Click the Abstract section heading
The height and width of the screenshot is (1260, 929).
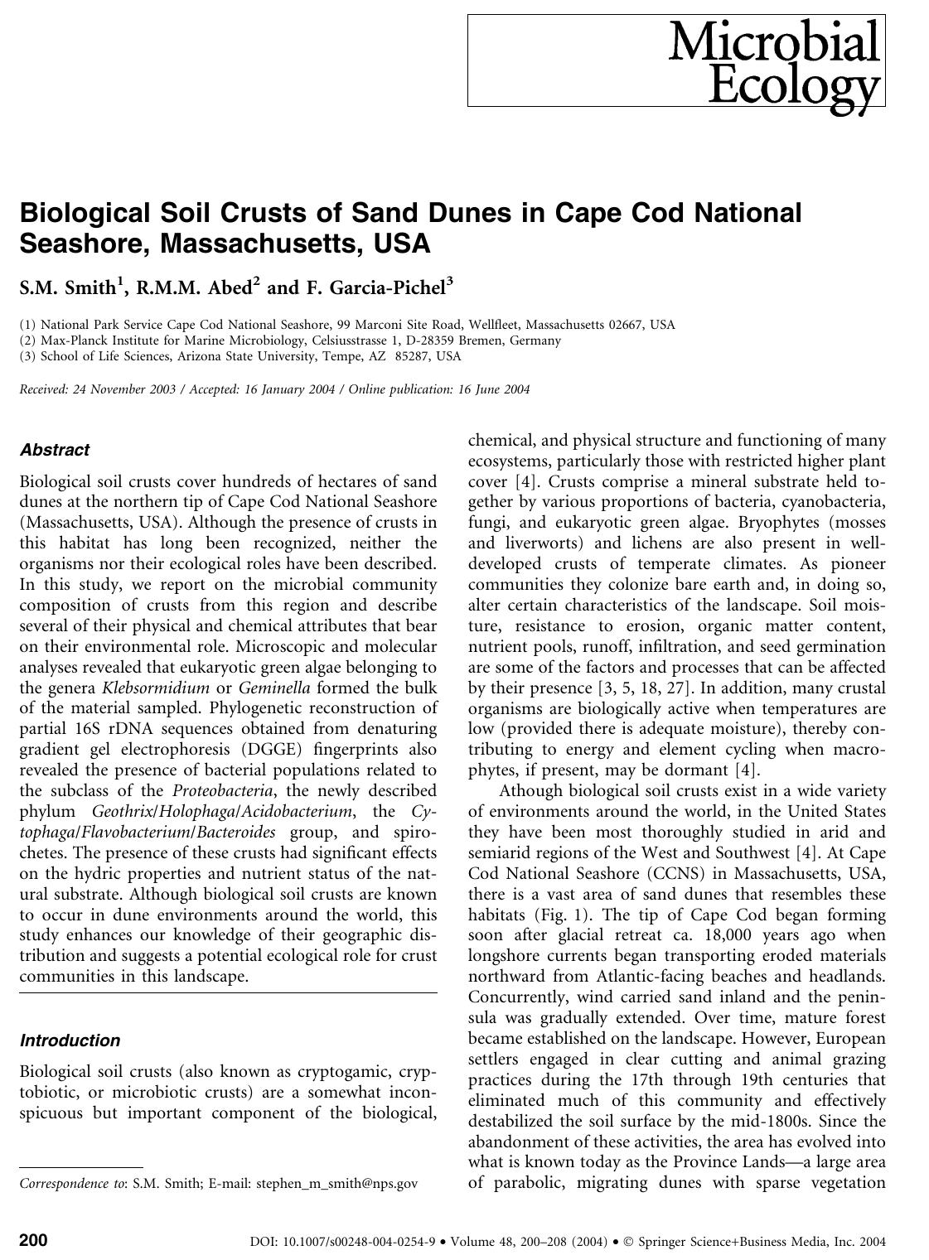[x=54, y=450]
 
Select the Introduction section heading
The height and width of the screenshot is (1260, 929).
[x=70, y=1040]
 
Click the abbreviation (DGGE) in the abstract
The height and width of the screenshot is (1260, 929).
[x=278, y=750]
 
